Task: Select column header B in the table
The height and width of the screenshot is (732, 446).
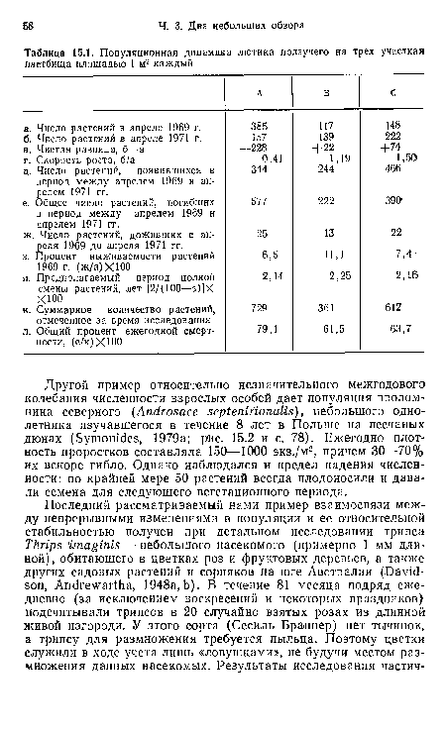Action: [322, 92]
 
